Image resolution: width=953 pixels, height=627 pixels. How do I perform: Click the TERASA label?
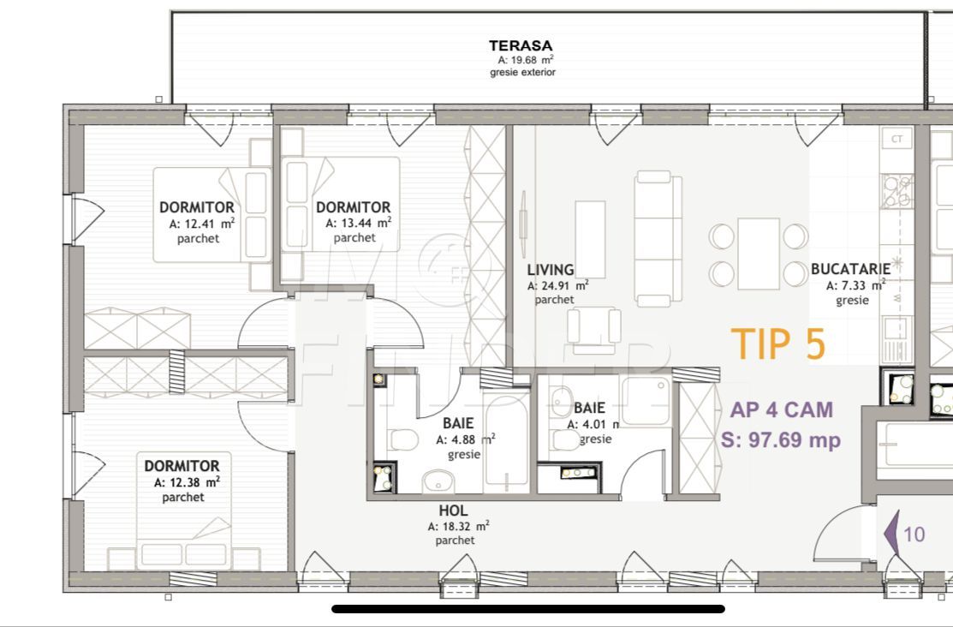(521, 45)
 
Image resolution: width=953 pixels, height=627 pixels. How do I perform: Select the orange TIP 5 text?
(778, 343)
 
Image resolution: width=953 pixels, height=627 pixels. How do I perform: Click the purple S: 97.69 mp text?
(781, 439)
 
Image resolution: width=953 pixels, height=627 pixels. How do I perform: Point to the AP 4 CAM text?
(781, 410)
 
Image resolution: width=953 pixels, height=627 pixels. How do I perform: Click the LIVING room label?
(550, 270)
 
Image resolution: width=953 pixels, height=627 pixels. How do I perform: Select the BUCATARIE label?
(850, 268)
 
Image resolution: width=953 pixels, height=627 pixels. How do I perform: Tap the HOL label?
(454, 511)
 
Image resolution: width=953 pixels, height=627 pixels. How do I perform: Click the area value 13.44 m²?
(359, 223)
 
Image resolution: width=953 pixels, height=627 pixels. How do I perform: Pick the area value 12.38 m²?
(188, 482)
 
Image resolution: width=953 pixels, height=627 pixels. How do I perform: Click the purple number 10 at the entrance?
(914, 534)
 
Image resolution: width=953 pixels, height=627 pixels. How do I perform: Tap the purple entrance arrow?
(891, 534)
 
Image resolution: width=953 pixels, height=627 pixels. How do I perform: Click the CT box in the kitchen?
(897, 139)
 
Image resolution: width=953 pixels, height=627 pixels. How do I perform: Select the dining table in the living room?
(759, 254)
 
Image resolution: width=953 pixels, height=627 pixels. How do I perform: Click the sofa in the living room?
(658, 238)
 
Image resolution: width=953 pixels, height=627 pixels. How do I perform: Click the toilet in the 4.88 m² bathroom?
(403, 439)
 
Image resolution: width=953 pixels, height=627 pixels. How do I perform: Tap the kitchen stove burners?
(897, 191)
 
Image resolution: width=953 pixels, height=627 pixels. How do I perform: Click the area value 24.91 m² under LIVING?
(557, 285)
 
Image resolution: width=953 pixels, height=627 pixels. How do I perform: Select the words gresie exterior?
(522, 72)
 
